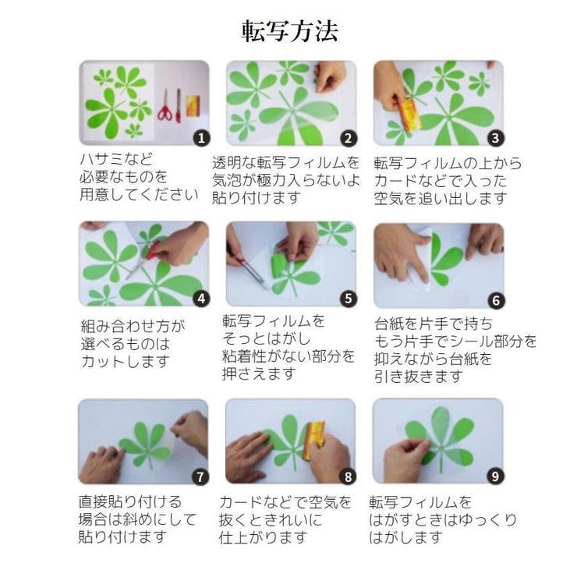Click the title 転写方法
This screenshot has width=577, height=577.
pyautogui.click(x=288, y=32)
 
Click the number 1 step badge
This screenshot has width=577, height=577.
pyautogui.click(x=201, y=138)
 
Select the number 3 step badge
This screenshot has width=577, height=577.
pyautogui.click(x=494, y=138)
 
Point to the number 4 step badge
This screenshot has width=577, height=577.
pyautogui.click(x=201, y=298)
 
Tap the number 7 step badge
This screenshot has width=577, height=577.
pyautogui.click(x=201, y=476)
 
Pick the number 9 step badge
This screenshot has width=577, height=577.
pyautogui.click(x=494, y=476)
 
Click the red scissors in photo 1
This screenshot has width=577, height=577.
pyautogui.click(x=165, y=105)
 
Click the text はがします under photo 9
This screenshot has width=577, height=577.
pyautogui.click(x=406, y=537)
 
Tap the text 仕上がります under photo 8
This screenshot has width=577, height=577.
pyautogui.click(x=264, y=537)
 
